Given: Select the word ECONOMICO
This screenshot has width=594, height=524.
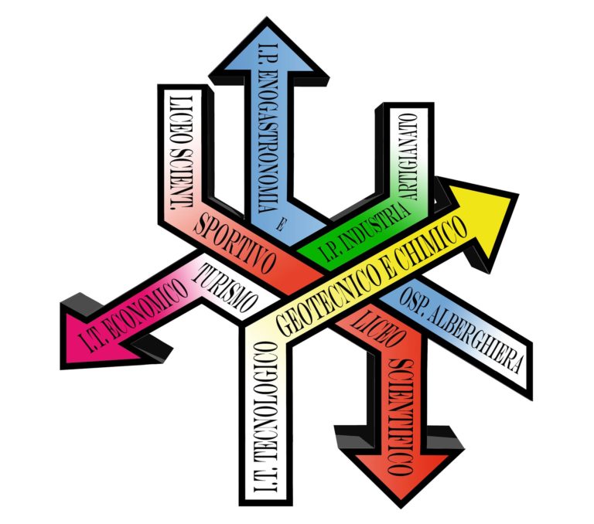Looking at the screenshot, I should (x=147, y=309).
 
